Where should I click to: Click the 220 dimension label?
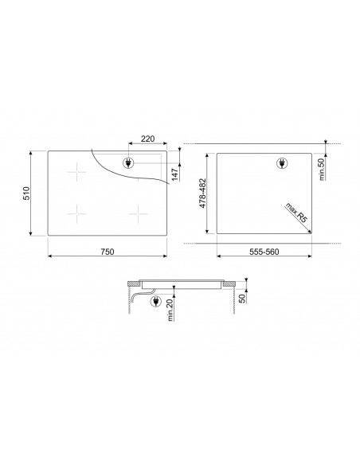(x=147, y=139)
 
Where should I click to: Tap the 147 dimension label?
(x=175, y=174)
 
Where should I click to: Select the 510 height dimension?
(x=27, y=193)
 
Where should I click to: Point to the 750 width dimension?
(x=107, y=252)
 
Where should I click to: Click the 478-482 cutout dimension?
(x=202, y=193)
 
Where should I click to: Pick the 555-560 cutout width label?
(x=264, y=252)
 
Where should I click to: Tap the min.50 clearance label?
(x=322, y=169)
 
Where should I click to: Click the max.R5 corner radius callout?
(x=296, y=213)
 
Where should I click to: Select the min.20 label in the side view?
(x=170, y=310)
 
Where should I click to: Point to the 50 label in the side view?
(x=243, y=299)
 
